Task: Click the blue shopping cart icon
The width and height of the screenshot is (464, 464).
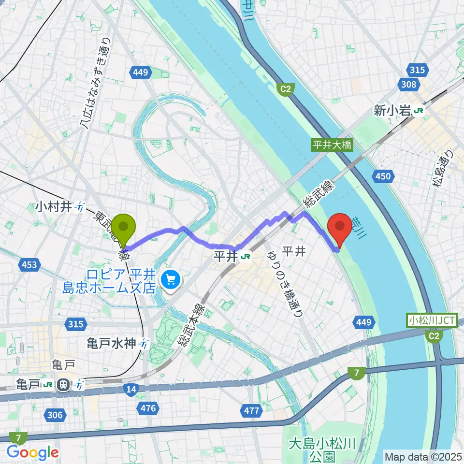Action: point(171,279)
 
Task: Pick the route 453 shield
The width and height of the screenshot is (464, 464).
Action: point(29,264)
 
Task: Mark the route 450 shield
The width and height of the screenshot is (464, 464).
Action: point(383,177)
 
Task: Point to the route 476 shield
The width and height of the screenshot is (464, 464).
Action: point(148,409)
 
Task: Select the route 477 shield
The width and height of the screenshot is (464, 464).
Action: point(251,411)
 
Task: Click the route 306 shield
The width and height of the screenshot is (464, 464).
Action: point(55,414)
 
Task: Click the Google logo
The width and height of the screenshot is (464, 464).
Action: point(32,452)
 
